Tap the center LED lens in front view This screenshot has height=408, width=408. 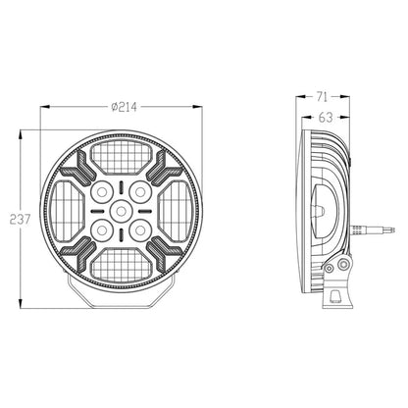122,209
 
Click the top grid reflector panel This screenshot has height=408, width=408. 122,153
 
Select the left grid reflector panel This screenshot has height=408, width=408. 66,209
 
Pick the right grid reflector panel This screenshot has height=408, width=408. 178,209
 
